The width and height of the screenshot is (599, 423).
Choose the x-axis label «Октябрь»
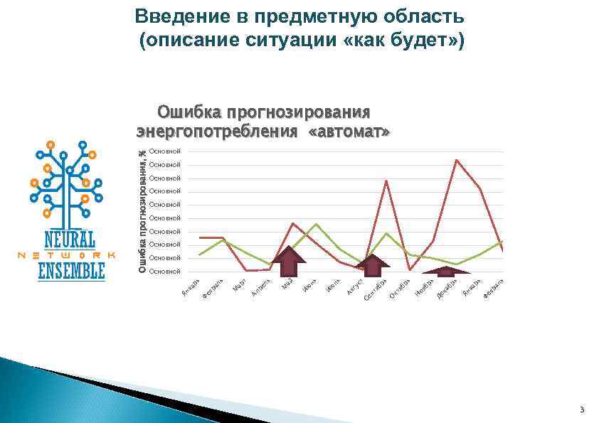399,289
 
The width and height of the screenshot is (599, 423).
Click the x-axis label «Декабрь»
446,289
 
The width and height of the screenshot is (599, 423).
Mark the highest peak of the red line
456,160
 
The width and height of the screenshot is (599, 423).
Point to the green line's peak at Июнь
317,225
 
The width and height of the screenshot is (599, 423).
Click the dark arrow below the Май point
288,262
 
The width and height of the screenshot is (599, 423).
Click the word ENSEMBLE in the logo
71,271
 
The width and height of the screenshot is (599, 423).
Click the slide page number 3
581,409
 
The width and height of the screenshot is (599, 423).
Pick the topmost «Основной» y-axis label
165,151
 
